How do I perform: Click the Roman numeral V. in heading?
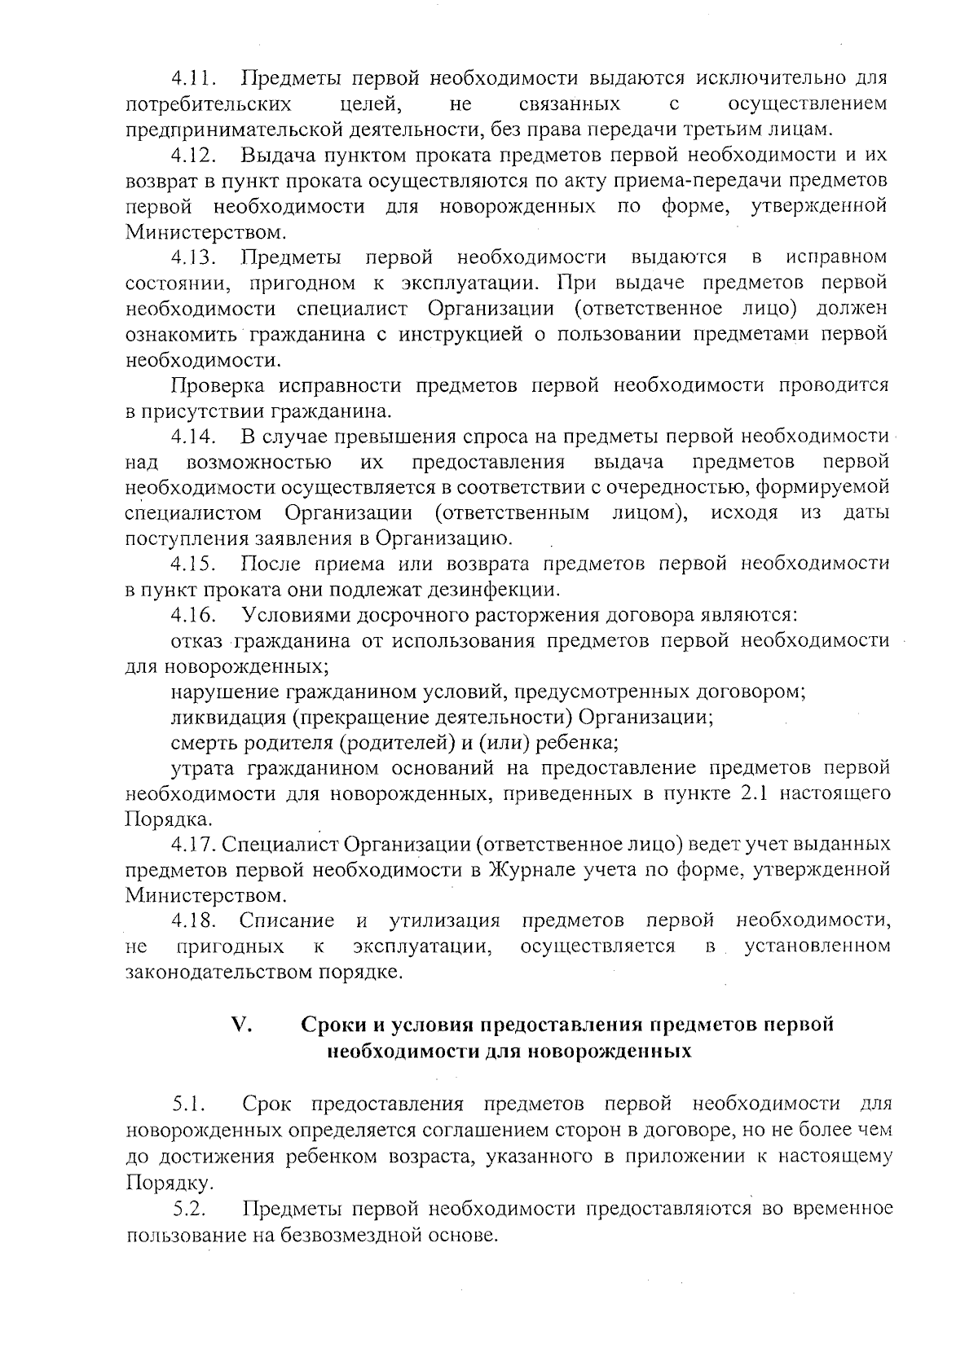click(241, 1025)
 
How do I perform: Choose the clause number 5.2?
click(189, 1208)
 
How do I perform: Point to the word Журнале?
click(527, 870)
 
